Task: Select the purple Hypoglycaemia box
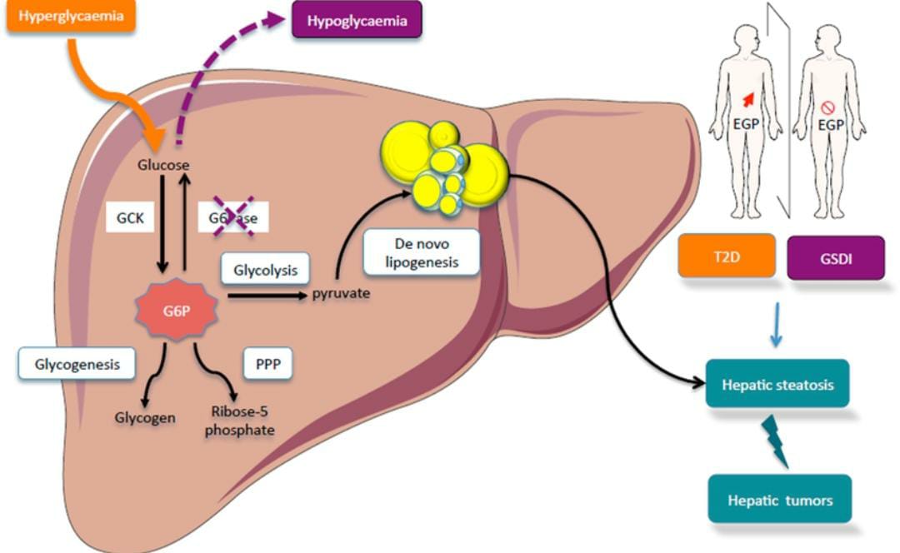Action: point(357,21)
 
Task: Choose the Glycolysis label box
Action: point(265,270)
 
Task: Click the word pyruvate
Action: point(341,294)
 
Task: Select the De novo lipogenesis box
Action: point(422,252)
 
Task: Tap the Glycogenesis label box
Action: point(77,364)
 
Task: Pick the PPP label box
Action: point(267,364)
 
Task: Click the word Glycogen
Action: point(145,417)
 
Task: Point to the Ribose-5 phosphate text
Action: point(242,420)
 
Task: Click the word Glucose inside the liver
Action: point(163,165)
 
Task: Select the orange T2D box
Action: point(727,257)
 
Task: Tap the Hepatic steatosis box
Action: point(777,384)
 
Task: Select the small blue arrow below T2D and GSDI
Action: point(776,326)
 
